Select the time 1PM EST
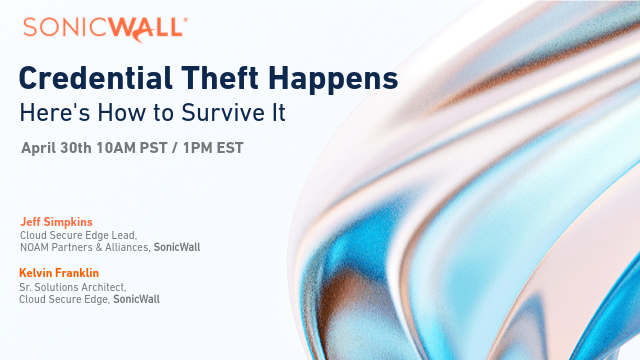point(212,148)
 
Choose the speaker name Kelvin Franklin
point(59,271)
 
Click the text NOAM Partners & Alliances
point(85,247)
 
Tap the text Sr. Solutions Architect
point(69,285)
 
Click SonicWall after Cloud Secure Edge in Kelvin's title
point(136,298)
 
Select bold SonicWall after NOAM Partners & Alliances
point(176,247)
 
